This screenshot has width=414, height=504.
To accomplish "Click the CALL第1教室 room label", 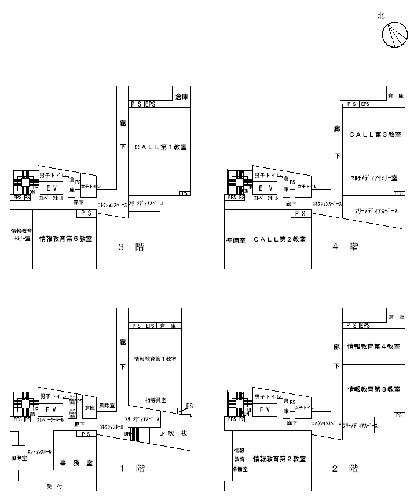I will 160,147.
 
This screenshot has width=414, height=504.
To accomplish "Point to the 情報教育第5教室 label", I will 65,238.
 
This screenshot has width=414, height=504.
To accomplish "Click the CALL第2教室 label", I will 280,239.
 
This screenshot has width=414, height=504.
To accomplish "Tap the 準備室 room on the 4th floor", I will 235,239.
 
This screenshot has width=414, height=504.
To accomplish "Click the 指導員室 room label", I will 155,400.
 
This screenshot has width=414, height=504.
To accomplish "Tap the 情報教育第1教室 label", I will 155,359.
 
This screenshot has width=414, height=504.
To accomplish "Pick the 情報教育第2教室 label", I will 279,459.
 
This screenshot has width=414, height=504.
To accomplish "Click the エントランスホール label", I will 39,451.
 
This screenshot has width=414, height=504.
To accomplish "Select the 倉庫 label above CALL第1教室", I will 182,97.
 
